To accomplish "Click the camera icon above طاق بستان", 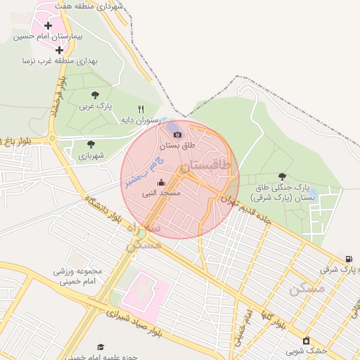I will (176, 134).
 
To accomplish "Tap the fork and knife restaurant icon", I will (141, 109).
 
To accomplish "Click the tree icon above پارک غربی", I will (95, 95).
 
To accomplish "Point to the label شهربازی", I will (91, 155).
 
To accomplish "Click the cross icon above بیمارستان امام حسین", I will (49, 25).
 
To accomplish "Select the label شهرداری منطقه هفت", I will (98, 6).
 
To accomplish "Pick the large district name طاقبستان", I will (205, 167).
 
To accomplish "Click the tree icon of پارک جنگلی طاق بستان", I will (283, 176).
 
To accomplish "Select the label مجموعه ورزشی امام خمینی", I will (77, 276).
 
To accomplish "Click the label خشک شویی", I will (311, 350).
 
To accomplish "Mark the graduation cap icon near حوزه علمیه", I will (101, 347).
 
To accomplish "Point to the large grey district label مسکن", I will (307, 288).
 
